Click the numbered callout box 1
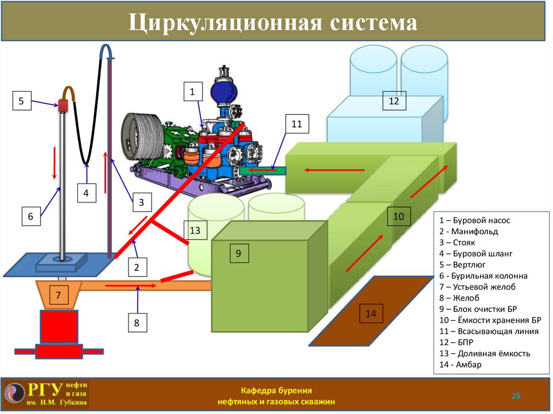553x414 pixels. point(192,92)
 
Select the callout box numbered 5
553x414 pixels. point(22,101)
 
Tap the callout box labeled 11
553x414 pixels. point(296,124)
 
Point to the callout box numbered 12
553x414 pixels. point(394,100)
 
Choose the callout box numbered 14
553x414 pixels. point(370,314)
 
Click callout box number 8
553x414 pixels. point(137,323)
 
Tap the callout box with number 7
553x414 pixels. point(58,295)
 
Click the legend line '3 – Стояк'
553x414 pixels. point(458,242)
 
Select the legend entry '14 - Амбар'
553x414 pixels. point(461,365)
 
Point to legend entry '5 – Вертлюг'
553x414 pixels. point(462,264)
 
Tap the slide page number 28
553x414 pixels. point(516,397)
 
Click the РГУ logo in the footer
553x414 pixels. point(46,395)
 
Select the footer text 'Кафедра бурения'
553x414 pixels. point(276,390)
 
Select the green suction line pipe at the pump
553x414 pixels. point(262,170)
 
